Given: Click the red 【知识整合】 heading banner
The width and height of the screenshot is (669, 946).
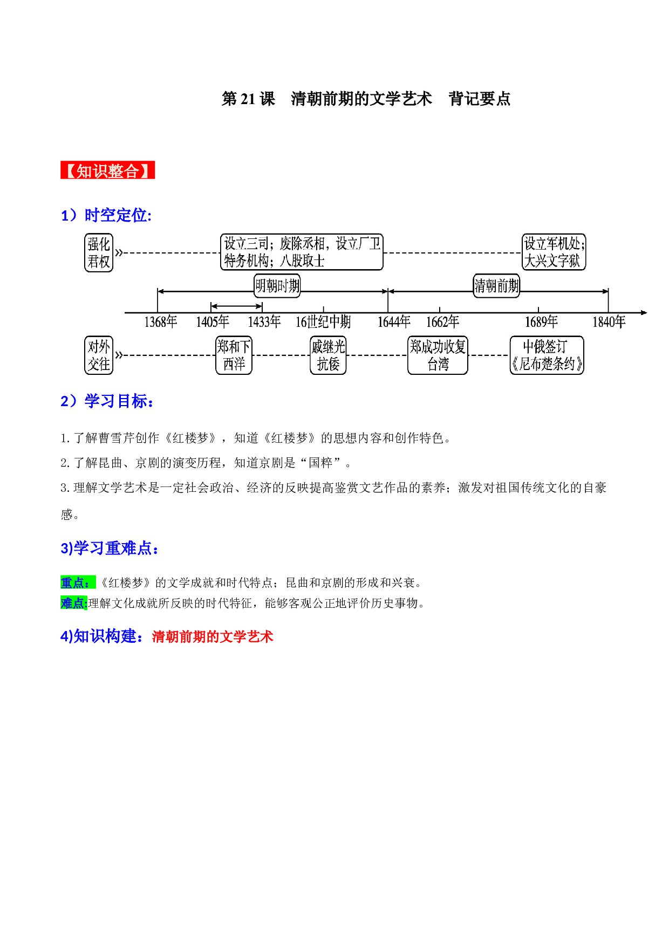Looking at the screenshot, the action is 107,170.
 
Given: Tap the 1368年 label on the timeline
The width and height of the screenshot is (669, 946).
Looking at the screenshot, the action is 160,322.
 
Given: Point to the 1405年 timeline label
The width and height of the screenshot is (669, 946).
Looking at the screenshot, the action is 212,322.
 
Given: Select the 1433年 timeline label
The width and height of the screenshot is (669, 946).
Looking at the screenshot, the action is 264,322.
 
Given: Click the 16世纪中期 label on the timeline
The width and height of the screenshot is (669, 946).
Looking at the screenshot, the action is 323,322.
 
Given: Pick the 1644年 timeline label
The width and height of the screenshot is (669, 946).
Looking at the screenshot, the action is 394,322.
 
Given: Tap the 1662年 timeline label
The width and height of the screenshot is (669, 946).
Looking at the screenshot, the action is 442,322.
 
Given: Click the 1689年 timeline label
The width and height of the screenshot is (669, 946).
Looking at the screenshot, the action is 541,322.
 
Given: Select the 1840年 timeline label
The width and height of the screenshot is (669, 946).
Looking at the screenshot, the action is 609,322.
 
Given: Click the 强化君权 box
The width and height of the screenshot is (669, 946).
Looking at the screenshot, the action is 99,252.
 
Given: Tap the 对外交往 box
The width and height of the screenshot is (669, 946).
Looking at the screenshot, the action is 99,355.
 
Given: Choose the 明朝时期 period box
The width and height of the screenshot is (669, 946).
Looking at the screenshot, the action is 277,285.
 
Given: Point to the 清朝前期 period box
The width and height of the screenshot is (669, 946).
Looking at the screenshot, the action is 496,285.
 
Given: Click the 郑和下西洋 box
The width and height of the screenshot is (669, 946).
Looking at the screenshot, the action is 234,355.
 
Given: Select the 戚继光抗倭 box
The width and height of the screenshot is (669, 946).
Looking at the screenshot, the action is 328,355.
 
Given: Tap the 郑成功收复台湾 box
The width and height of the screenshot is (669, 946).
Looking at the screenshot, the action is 438,355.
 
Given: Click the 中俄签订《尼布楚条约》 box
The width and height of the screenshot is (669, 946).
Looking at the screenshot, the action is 547,355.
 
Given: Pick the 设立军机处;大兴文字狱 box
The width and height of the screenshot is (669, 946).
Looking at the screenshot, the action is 554,252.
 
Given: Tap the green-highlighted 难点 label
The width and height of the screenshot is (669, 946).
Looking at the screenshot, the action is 74,603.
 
